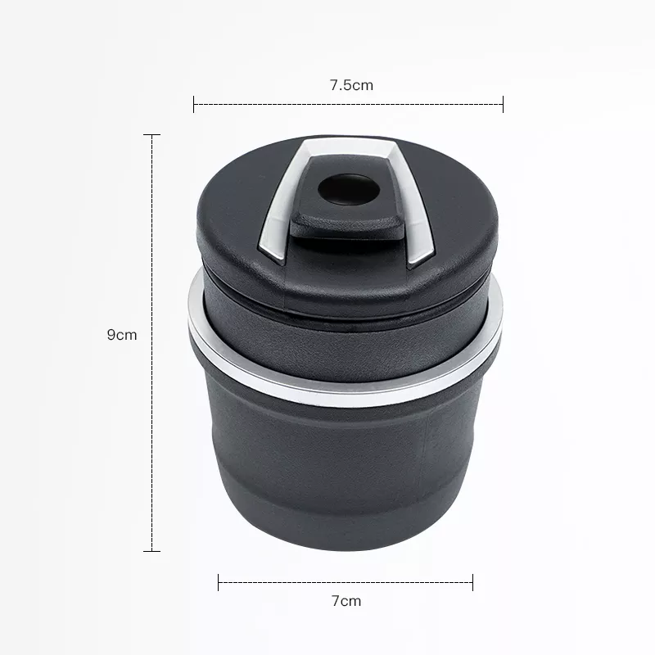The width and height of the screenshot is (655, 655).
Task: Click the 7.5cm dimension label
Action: (351, 85)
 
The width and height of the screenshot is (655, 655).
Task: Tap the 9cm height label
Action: (122, 335)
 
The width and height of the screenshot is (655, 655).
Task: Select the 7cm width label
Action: (346, 601)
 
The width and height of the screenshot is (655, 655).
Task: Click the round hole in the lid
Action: (349, 190)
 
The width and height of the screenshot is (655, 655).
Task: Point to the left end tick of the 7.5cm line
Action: (194, 104)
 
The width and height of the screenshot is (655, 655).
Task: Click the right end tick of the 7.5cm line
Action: (503, 104)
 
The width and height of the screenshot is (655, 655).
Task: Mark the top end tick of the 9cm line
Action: (151, 135)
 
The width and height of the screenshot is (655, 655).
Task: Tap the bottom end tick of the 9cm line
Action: (151, 551)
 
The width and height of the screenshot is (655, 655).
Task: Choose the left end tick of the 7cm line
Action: (219, 582)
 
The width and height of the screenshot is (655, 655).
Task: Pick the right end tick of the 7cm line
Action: (472, 582)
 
